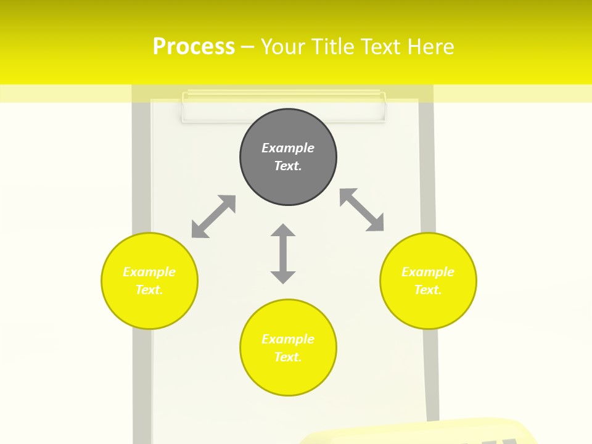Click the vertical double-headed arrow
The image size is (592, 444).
point(283,253)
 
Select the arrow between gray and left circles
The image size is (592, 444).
point(213,216)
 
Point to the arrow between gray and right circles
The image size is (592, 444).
point(362,210)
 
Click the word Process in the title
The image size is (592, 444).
point(194,47)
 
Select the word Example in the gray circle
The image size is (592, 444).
point(288,148)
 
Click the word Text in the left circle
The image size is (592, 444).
point(149,290)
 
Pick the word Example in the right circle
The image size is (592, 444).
point(428,272)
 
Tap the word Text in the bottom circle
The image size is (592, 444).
point(288,357)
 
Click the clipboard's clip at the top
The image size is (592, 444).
point(284,107)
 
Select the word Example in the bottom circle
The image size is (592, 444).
point(288,339)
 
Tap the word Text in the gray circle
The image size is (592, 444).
point(288,166)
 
